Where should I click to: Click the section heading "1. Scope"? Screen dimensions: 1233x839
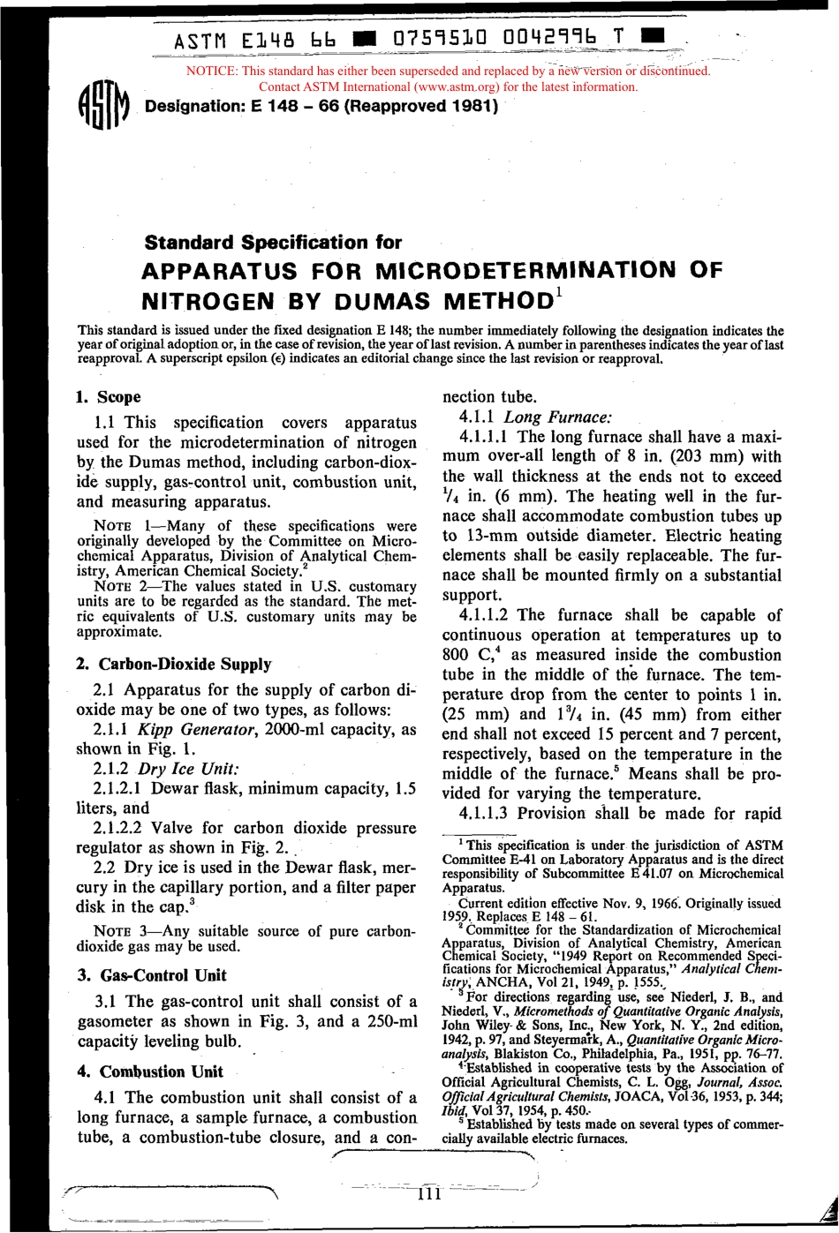pyautogui.click(x=109, y=397)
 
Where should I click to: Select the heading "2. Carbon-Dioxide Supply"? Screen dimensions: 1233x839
pyautogui.click(x=174, y=665)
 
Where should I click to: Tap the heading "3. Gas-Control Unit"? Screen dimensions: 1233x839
pyautogui.click(x=152, y=975)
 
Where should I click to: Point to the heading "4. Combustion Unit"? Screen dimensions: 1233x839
pyautogui.click(x=150, y=1071)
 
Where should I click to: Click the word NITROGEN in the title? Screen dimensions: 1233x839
pyautogui.click(x=208, y=301)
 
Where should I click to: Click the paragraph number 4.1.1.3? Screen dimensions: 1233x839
pyautogui.click(x=485, y=813)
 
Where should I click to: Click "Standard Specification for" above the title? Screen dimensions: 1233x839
pyautogui.click(x=273, y=242)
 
